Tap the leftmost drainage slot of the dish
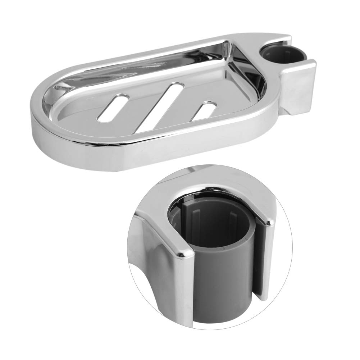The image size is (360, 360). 114,108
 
